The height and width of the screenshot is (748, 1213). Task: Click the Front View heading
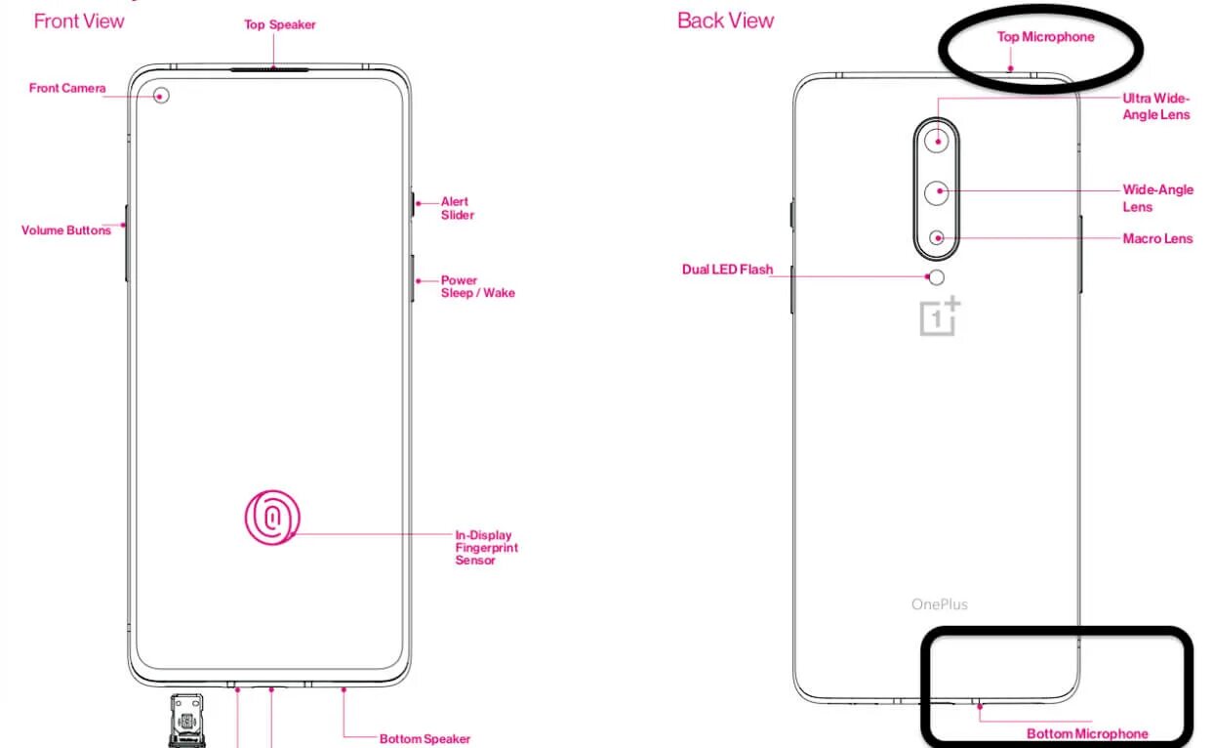click(79, 21)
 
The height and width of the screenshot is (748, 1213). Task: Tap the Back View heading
click(725, 21)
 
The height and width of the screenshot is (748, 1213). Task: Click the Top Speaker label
click(280, 24)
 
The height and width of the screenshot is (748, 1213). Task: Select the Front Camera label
click(67, 88)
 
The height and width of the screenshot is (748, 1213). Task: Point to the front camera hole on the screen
click(161, 95)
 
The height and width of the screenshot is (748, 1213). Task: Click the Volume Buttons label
click(66, 230)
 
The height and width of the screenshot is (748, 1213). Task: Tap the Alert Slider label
click(457, 208)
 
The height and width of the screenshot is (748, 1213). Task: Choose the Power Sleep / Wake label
click(477, 286)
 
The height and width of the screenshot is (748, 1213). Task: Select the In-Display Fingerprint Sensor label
click(486, 547)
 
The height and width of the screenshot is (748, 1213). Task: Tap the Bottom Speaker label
click(425, 739)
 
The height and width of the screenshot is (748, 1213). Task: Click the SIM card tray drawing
click(187, 721)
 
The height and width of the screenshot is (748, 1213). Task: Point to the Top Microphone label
click(1045, 37)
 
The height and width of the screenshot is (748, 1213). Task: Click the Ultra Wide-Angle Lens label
click(1156, 106)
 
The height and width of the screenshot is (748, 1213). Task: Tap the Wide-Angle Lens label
click(1157, 197)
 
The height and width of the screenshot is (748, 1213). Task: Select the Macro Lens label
click(1157, 238)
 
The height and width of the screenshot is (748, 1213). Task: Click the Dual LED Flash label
click(727, 270)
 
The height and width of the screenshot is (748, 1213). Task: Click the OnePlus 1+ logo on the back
click(940, 317)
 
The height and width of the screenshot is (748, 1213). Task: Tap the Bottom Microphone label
click(1087, 733)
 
